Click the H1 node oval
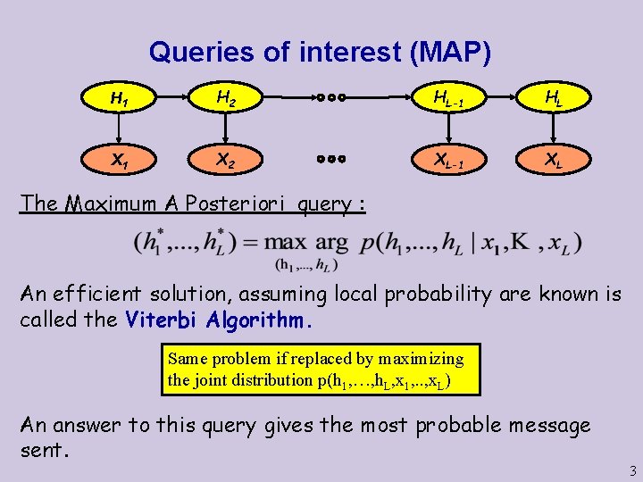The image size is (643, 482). [x=118, y=98]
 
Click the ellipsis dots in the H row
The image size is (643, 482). [x=331, y=98]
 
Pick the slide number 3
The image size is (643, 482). [x=632, y=470]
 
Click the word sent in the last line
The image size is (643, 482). [x=41, y=450]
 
